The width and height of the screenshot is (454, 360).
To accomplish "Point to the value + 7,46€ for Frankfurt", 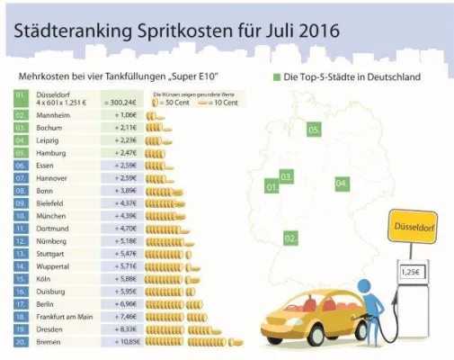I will click(x=125, y=318).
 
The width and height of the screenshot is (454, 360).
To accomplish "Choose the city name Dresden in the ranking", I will click(x=50, y=330).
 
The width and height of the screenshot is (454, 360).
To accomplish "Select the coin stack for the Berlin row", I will click(x=172, y=305).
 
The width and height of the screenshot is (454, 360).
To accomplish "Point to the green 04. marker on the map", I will click(x=342, y=184).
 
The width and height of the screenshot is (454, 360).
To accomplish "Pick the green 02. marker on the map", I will click(x=290, y=238).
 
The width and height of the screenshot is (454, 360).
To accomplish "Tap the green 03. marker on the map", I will click(x=287, y=176).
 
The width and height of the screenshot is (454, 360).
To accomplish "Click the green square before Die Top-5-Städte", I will click(x=275, y=77).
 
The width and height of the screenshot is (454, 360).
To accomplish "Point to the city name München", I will click(x=50, y=216).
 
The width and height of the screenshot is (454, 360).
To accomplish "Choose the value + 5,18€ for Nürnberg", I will click(x=125, y=241).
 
